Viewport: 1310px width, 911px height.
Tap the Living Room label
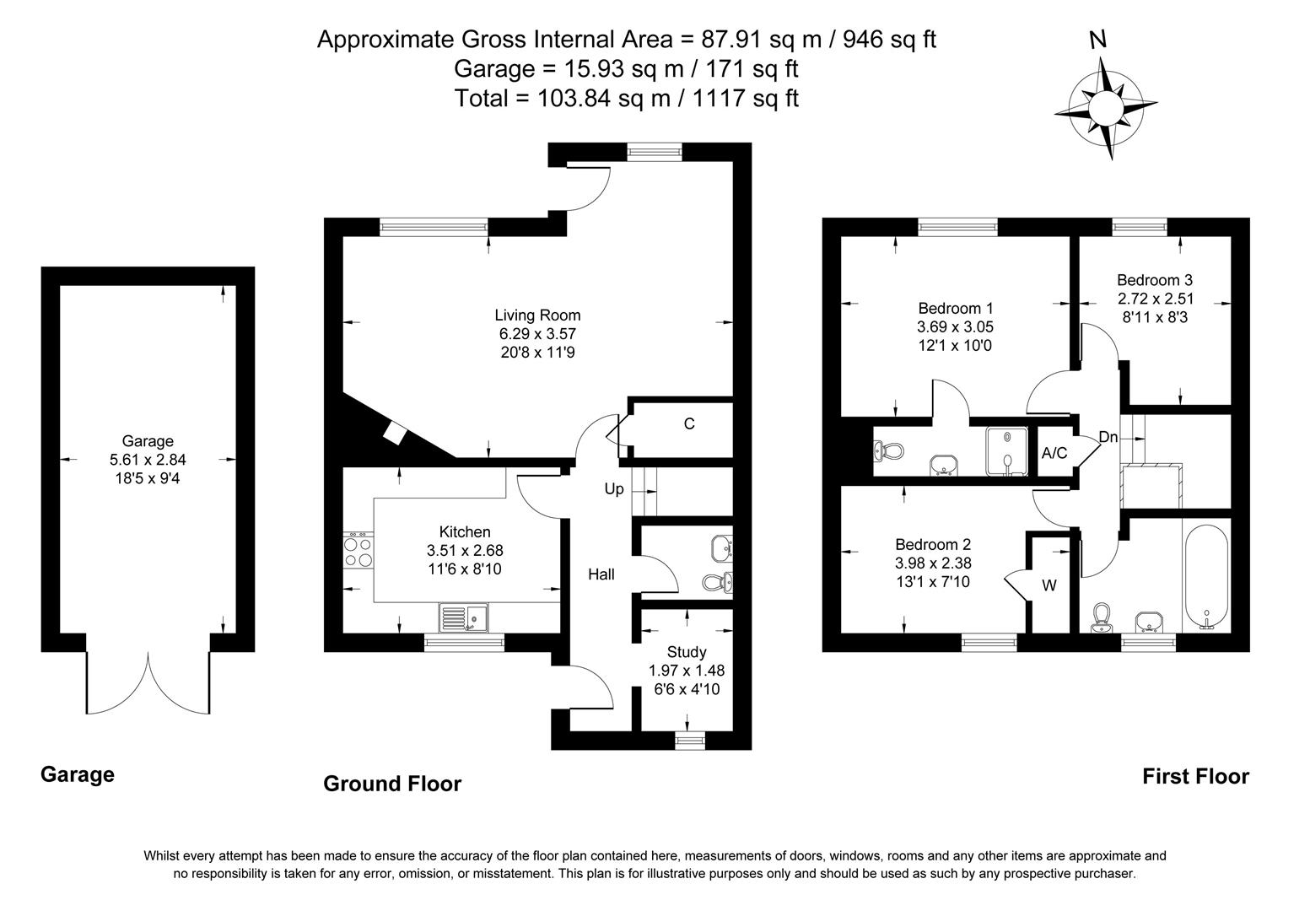tap(537, 315)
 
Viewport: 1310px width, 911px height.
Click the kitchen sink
tap(462, 618)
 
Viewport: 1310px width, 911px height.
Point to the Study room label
tap(686, 652)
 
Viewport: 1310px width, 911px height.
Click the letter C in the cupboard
tap(689, 424)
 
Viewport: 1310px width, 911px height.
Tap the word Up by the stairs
tap(614, 489)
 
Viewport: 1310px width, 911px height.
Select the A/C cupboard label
tap(1054, 454)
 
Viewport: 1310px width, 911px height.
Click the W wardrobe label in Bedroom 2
tap(1049, 585)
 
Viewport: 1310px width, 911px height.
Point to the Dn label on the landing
tap(1108, 438)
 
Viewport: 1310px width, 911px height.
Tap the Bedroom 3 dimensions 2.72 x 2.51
tap(1155, 299)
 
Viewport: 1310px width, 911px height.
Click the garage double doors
tap(148, 683)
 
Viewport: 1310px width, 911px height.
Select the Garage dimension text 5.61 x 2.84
tap(148, 460)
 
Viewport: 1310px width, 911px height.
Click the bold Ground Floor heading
tap(392, 784)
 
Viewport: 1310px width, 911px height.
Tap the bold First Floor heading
tap(1195, 777)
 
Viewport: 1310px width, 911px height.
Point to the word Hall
tap(601, 575)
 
